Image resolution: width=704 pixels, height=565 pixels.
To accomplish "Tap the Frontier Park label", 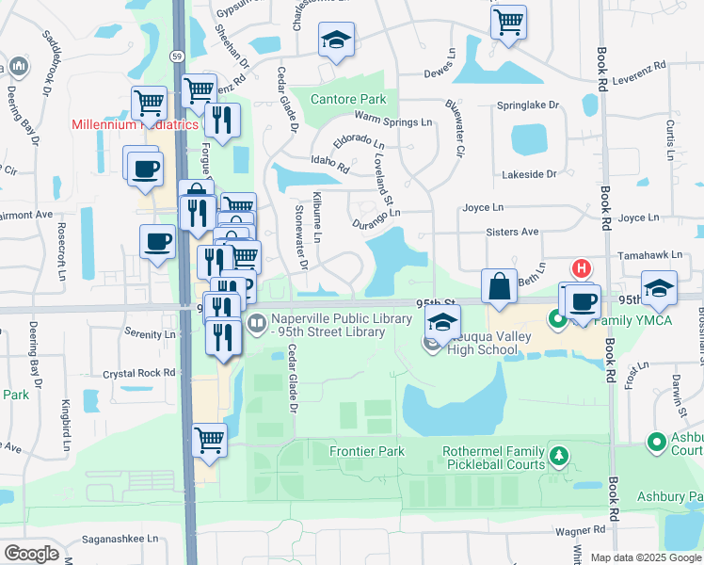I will tap(367, 452).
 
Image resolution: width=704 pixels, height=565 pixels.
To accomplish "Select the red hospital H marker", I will tap(583, 268).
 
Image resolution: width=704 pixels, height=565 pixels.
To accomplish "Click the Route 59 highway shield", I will tap(177, 56).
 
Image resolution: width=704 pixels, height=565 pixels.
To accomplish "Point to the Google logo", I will tap(31, 553).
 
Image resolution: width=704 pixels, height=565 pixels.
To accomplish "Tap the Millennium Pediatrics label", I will tap(136, 124).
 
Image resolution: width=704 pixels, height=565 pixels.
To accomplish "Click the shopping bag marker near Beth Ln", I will tap(498, 286).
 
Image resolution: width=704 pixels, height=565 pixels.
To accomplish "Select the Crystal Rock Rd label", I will tap(139, 373).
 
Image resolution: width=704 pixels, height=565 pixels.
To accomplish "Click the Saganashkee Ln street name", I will tap(120, 539).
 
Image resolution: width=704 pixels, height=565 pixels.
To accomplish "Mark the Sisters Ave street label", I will tap(512, 232).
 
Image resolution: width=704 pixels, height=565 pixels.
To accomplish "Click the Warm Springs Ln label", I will tap(392, 120).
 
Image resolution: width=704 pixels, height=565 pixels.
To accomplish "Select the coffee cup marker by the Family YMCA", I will tap(583, 301).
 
